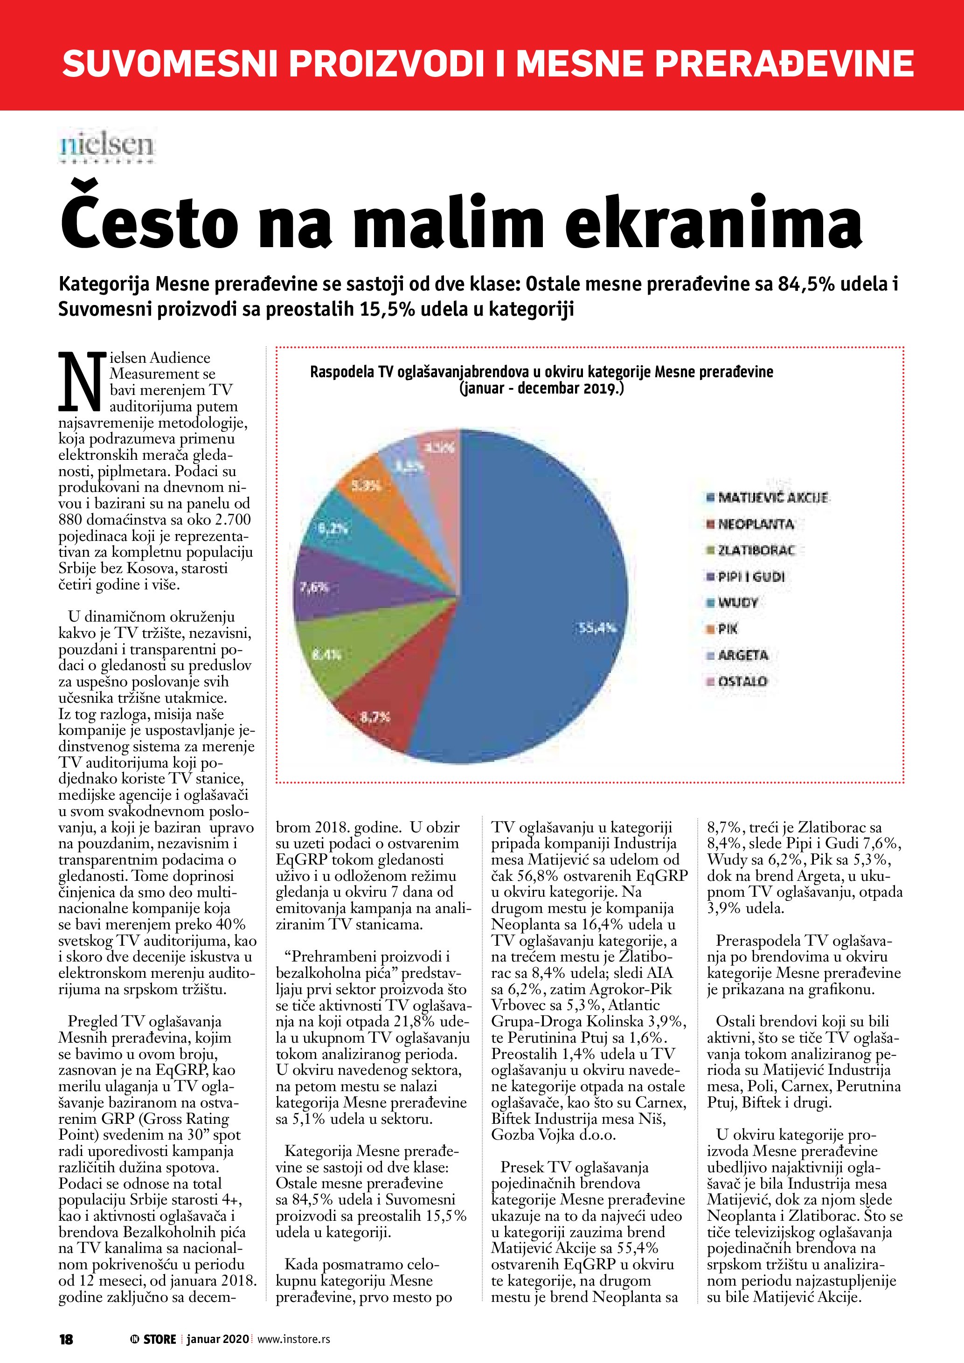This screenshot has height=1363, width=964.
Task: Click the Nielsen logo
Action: tap(107, 146)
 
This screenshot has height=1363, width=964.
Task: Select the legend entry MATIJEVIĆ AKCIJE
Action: tap(772, 498)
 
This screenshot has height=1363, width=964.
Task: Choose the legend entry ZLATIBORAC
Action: tap(756, 550)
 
